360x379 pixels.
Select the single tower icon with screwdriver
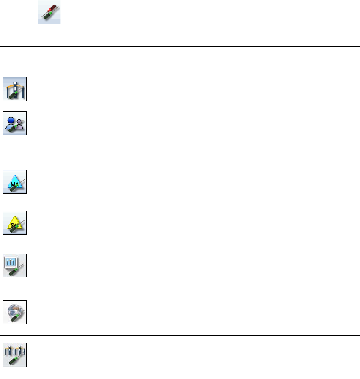[x=15, y=89]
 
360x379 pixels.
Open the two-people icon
[x=15, y=123]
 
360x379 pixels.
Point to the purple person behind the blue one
[x=20, y=124]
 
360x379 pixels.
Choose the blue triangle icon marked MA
[x=15, y=182]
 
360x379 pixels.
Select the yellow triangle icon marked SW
[x=15, y=222]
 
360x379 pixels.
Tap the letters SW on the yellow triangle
[x=14, y=224]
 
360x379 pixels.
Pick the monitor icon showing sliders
[x=15, y=266]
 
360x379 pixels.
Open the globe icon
[x=15, y=312]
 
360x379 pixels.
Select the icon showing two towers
[x=15, y=355]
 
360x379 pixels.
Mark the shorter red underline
[x=305, y=115]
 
